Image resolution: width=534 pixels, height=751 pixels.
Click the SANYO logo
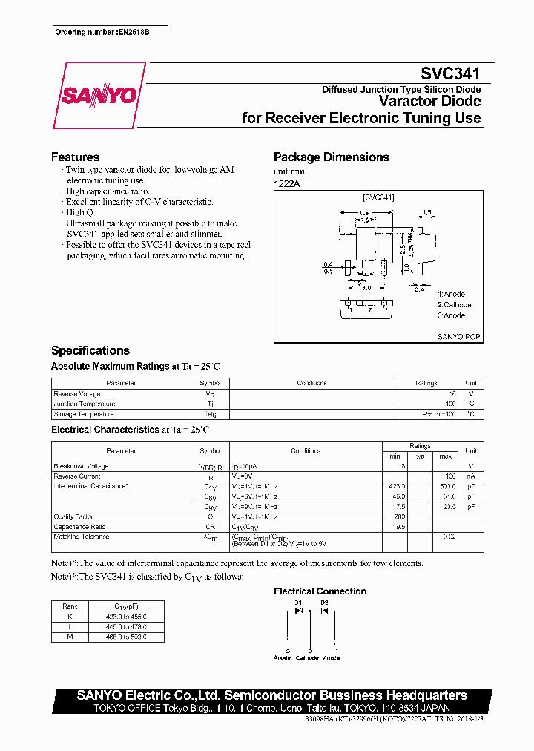[x=99, y=96]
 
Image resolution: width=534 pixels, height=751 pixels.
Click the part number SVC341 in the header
[x=450, y=74]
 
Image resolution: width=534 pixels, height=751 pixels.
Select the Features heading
[x=75, y=157]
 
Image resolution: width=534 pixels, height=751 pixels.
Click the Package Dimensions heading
[x=331, y=157]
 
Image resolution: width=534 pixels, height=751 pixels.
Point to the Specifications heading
[x=90, y=350]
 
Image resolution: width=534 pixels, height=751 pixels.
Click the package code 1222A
[x=287, y=183]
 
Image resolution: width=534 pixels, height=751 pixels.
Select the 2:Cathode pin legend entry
[x=454, y=305]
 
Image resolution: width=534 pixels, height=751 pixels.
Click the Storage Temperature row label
[x=83, y=414]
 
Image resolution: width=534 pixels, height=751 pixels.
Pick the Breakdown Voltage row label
[x=81, y=466]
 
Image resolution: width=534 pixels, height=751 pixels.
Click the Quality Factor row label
[x=73, y=516]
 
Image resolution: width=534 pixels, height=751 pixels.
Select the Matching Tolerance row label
[x=81, y=537]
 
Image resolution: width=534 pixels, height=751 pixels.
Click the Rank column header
[x=70, y=606]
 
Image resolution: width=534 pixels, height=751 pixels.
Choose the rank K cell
[x=70, y=616]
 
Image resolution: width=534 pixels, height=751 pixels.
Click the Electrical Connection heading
[x=320, y=591]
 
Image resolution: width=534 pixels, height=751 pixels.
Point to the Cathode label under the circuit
[x=307, y=658]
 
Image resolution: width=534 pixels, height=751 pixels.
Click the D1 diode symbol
[x=298, y=611]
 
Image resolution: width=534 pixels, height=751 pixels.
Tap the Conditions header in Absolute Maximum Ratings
[x=311, y=384]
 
